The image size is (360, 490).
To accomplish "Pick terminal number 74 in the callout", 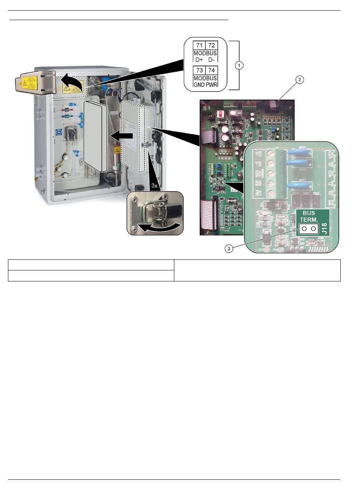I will (x=211, y=71).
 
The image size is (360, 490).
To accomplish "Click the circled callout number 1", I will (x=239, y=65).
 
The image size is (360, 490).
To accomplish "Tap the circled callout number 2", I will (x=299, y=80).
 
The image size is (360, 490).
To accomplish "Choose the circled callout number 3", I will (x=229, y=249).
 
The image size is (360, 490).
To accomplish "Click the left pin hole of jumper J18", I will (x=304, y=229).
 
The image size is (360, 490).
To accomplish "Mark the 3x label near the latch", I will (x=155, y=186).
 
